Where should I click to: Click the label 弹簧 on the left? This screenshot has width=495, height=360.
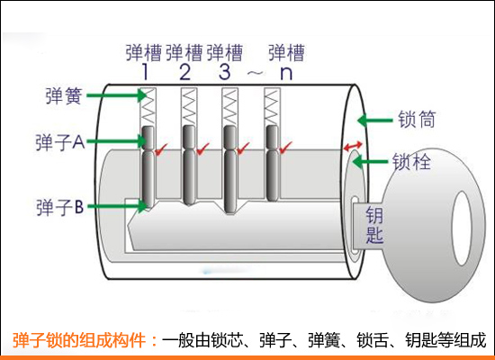65,93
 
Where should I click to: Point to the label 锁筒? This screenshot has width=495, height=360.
415,118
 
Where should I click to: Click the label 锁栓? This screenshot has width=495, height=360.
413,163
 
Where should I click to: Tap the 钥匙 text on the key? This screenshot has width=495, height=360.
374,226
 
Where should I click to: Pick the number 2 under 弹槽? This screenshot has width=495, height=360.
186,73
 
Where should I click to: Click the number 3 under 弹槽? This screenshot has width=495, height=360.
226,73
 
